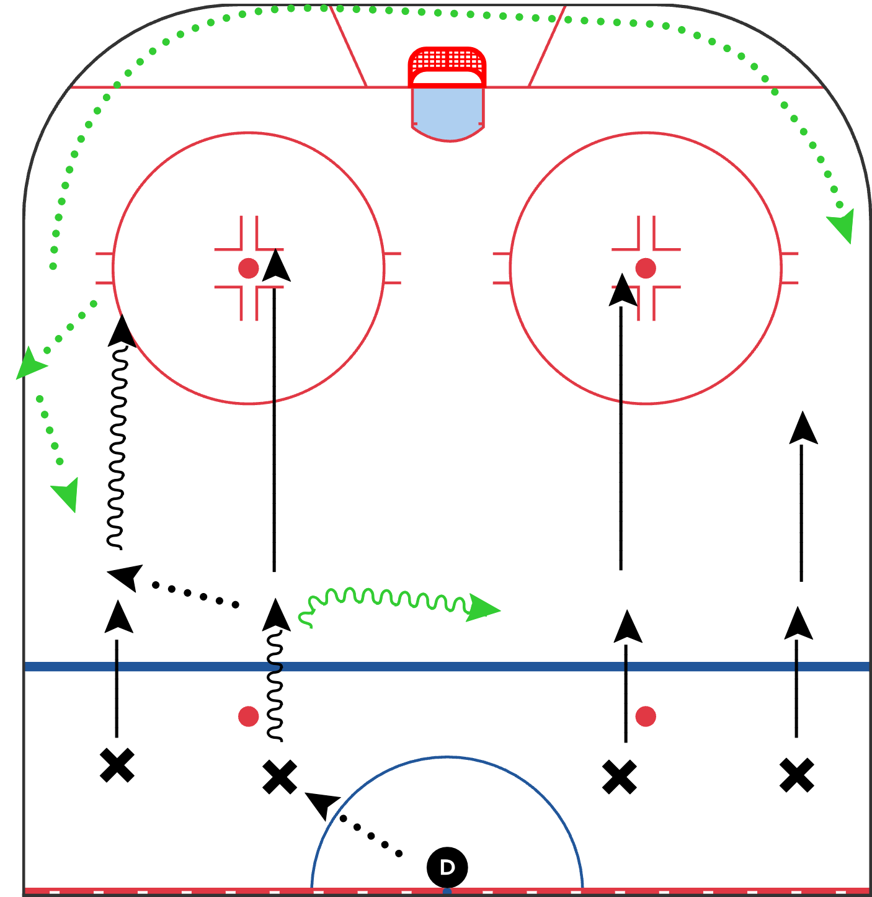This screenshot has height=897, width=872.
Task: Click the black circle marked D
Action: (x=447, y=867)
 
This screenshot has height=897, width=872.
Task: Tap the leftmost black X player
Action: (x=117, y=765)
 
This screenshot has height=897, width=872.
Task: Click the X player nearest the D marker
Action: (x=279, y=777)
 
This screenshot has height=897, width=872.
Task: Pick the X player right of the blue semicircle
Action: (x=619, y=777)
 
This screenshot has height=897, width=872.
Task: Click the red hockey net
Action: (x=447, y=67)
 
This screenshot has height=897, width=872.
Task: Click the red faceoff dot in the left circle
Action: (x=249, y=268)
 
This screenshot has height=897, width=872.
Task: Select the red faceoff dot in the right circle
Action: (x=645, y=268)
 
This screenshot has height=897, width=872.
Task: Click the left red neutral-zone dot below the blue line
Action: (x=249, y=716)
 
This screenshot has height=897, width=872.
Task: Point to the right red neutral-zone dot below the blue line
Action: (x=645, y=716)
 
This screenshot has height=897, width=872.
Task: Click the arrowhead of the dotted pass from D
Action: (x=322, y=805)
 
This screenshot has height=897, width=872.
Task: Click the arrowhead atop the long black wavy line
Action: (x=122, y=331)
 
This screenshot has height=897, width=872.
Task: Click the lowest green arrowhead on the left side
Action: (x=66, y=494)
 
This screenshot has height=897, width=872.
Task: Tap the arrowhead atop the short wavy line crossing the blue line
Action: (x=276, y=615)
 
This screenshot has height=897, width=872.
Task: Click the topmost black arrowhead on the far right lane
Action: (x=803, y=428)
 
